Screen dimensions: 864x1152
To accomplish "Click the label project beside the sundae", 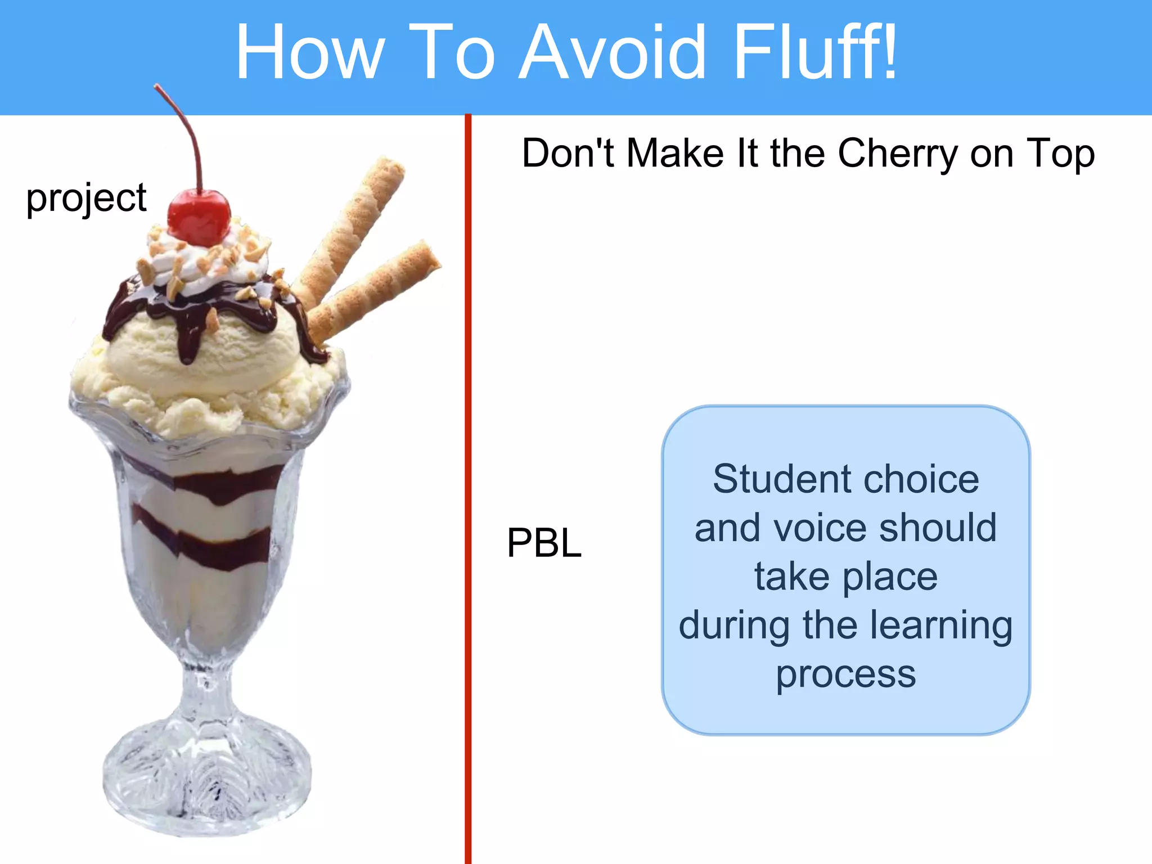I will click(x=86, y=198).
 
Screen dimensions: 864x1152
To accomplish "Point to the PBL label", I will click(x=544, y=543).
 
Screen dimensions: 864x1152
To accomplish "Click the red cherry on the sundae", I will click(x=199, y=217).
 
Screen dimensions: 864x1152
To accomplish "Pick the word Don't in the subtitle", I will click(x=568, y=153).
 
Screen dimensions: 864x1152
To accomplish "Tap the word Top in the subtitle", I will click(x=1060, y=153).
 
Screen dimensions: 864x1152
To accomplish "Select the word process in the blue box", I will click(x=845, y=673).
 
